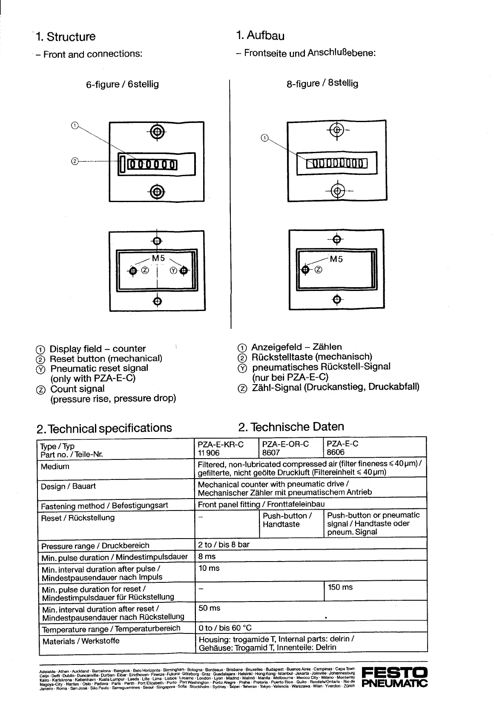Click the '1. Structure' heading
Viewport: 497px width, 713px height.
(66, 37)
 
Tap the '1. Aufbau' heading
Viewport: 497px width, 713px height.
(260, 35)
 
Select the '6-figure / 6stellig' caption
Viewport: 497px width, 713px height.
(122, 84)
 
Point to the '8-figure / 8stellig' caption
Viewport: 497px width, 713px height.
(322, 83)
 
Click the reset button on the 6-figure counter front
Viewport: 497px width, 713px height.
(123, 164)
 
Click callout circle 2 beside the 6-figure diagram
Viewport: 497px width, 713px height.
(75, 161)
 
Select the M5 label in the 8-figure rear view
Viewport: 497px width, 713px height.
(336, 259)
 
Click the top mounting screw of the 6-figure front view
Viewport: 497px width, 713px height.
(157, 131)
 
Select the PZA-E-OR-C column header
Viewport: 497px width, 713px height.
(285, 444)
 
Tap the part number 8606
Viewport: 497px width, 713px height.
(336, 452)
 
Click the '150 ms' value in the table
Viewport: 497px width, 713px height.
(340, 587)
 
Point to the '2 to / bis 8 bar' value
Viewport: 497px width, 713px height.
(224, 545)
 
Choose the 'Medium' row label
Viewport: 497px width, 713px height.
(55, 467)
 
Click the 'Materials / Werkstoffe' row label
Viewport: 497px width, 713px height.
(81, 641)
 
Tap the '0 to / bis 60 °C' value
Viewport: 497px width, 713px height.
(225, 628)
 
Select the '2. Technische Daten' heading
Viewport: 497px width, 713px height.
(291, 427)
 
